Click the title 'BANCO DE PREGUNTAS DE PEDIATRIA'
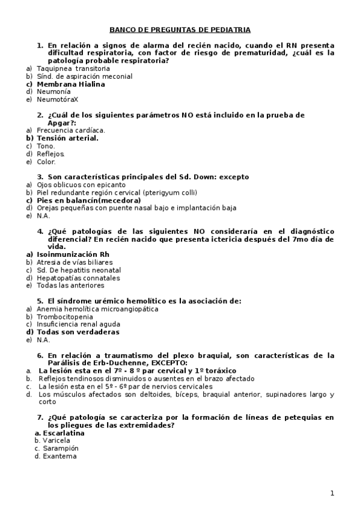[180, 29]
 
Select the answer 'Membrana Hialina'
[71, 84]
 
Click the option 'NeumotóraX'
[58, 99]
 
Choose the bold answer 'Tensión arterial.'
[67, 138]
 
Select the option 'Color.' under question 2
[46, 161]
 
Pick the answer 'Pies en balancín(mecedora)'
[89, 200]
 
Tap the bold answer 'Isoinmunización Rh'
[73, 254]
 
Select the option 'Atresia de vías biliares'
[75, 262]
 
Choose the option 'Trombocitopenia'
[65, 316]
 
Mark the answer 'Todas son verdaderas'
[78, 331]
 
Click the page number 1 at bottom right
[332, 494]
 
